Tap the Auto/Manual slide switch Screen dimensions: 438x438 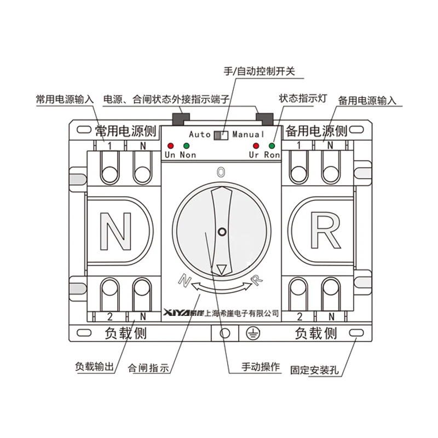tap(221, 135)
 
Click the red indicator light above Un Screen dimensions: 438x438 tap(170, 146)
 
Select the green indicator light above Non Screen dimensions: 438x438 tap(187, 146)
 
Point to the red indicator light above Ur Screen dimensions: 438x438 tap(255, 146)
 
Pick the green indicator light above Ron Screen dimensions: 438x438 tap(272, 146)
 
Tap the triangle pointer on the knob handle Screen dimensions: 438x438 tap(221, 269)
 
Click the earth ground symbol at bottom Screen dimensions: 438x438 tap(252, 332)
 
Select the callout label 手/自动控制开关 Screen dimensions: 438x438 tap(260, 71)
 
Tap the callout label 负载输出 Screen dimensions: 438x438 tap(94, 367)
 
